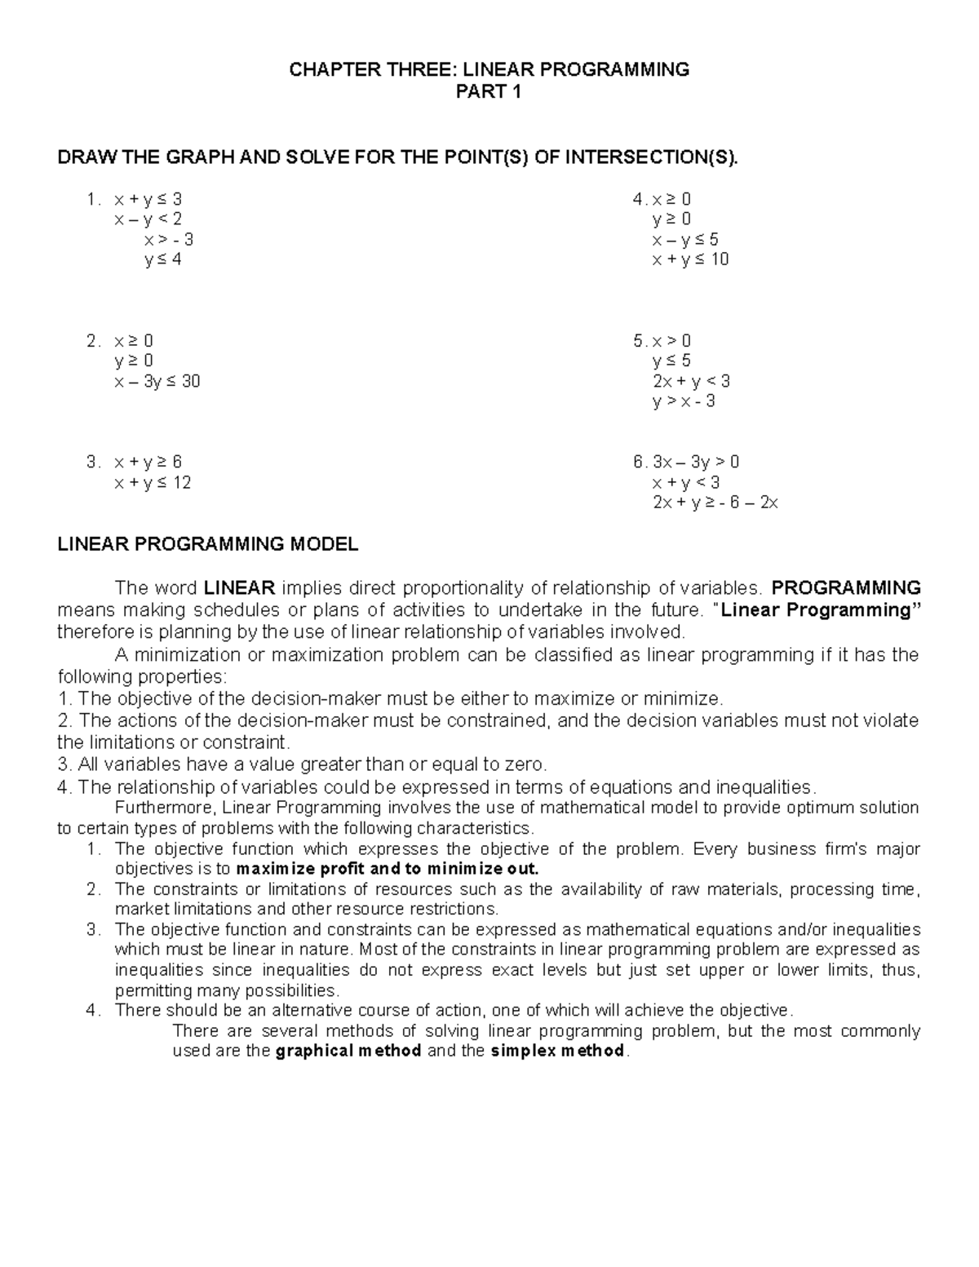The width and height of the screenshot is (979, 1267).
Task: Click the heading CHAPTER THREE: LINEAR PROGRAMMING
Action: tap(489, 69)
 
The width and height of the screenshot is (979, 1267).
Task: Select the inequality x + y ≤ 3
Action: tap(148, 199)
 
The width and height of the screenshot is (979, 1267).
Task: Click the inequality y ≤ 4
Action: tap(162, 259)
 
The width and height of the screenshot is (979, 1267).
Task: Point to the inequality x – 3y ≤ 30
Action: tap(157, 381)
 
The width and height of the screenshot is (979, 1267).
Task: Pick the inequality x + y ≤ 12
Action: tap(153, 482)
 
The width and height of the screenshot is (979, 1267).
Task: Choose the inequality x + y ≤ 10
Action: tap(690, 259)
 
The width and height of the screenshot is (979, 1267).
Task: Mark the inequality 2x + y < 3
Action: tap(691, 381)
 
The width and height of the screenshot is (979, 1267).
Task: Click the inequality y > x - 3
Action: tap(684, 401)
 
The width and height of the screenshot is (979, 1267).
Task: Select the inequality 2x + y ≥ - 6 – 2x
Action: tap(715, 503)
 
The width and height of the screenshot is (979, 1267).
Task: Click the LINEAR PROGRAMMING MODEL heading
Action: tap(207, 544)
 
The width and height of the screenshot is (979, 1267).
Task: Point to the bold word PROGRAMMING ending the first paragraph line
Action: tap(846, 588)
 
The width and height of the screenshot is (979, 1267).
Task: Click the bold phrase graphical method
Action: tap(349, 1051)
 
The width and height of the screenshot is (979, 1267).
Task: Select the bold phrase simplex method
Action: tap(558, 1051)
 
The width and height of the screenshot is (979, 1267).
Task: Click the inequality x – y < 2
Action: tap(148, 219)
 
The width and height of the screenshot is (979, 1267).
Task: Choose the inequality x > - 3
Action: tap(169, 240)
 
